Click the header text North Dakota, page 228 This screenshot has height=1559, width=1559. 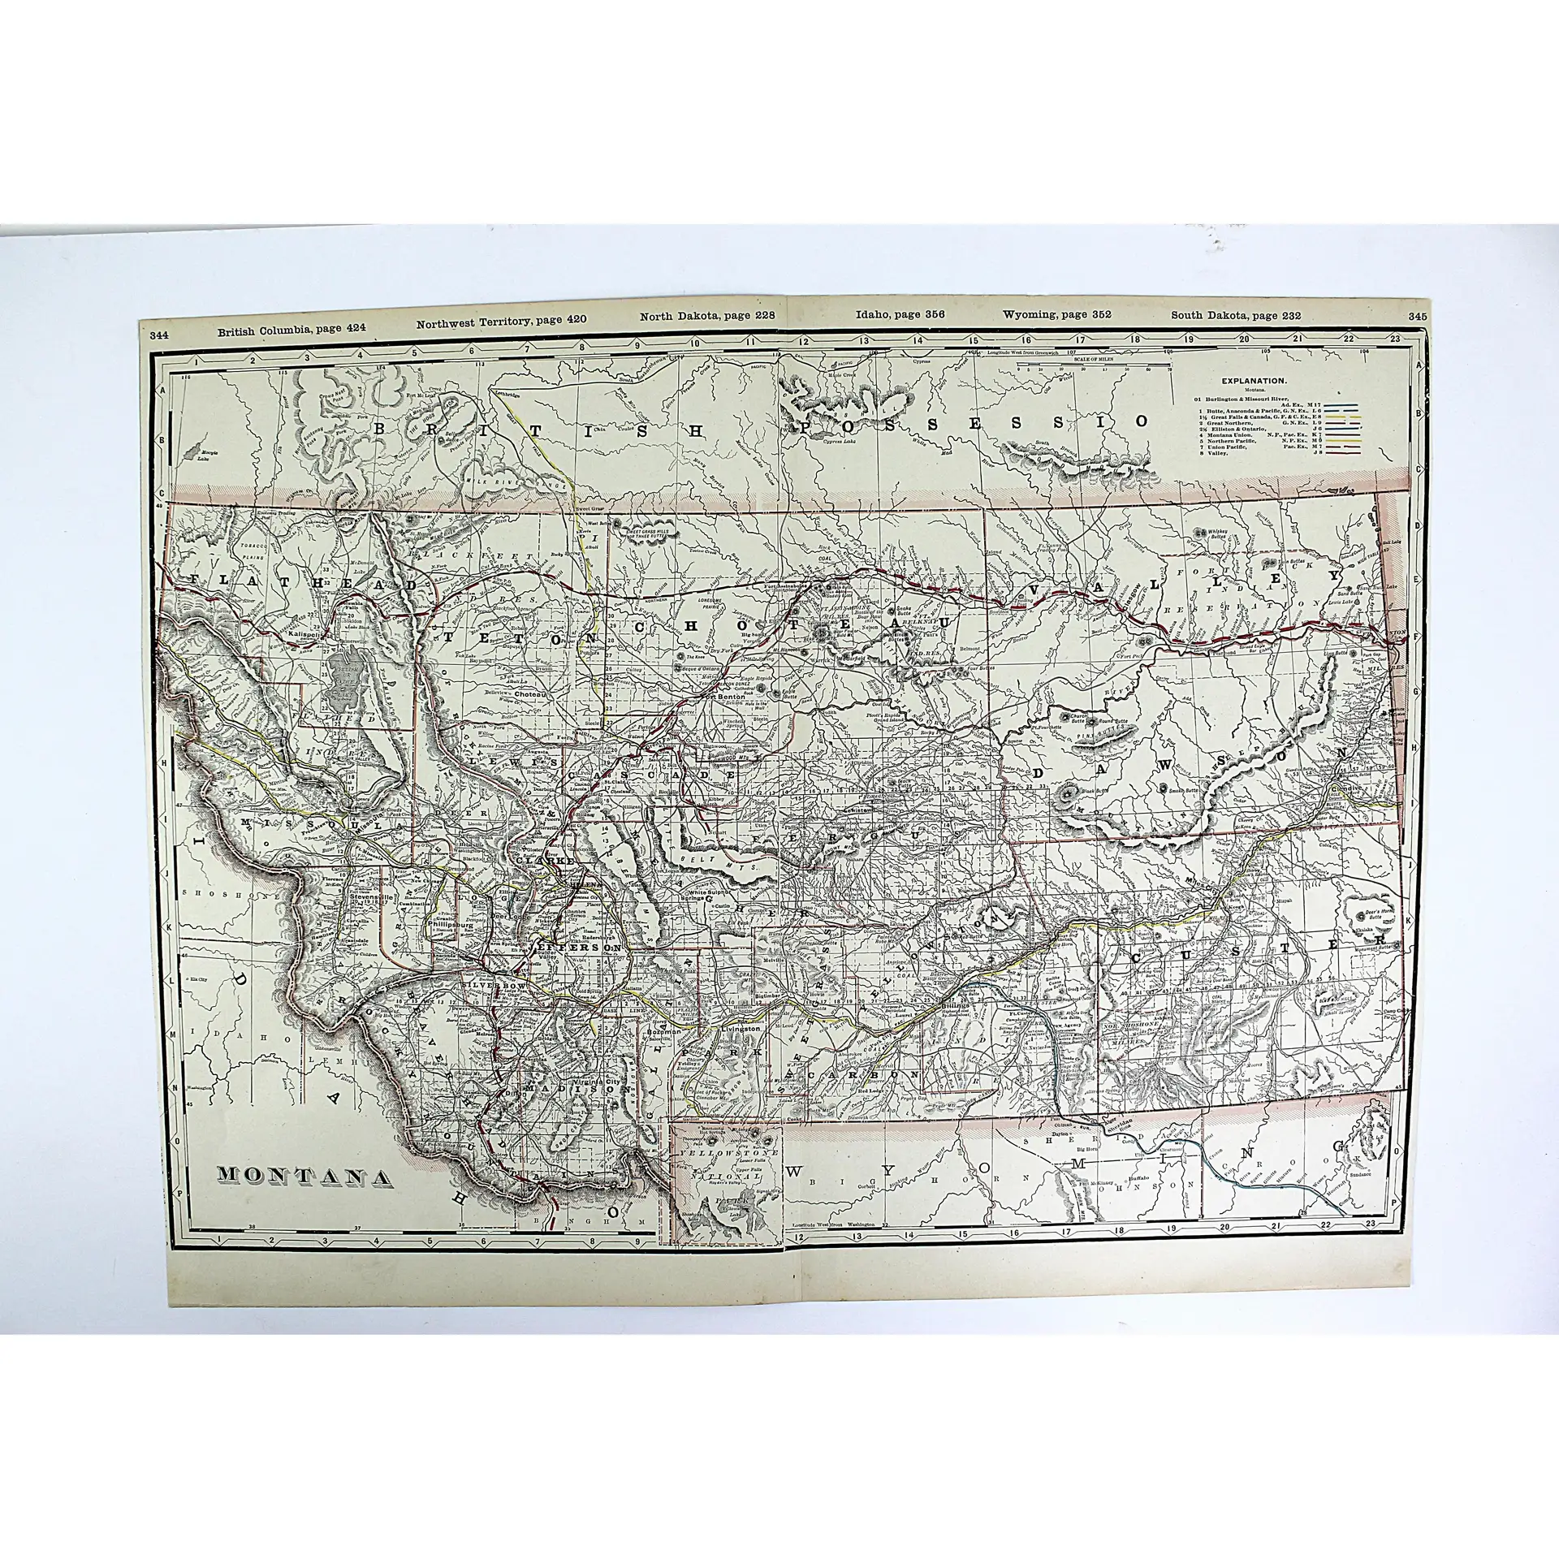tap(697, 317)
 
